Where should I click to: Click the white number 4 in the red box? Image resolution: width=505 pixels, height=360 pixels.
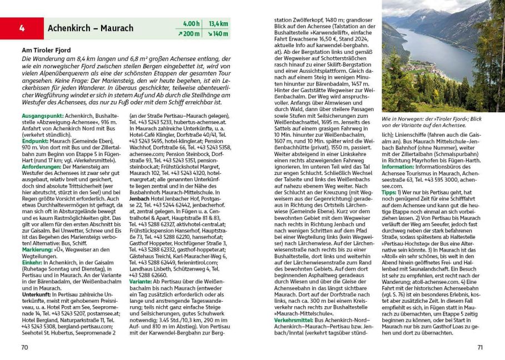coord(22,28)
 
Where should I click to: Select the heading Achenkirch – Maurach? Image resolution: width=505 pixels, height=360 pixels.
coord(90,28)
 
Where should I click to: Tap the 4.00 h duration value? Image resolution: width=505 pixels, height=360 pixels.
coord(191,24)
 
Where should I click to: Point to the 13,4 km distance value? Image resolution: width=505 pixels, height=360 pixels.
coord(218,24)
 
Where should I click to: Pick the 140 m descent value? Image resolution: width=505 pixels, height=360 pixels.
coord(218,34)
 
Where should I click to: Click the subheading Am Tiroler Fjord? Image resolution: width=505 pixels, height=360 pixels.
coord(48,50)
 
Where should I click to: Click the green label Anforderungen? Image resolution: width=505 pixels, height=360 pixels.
coord(41,167)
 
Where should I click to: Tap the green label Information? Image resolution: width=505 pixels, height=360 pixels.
coord(398,166)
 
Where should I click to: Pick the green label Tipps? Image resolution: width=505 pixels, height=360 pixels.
coord(389,192)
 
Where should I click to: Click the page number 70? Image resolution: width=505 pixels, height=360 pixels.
coord(24,348)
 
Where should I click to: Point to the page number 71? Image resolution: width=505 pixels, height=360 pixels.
coord(481,348)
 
